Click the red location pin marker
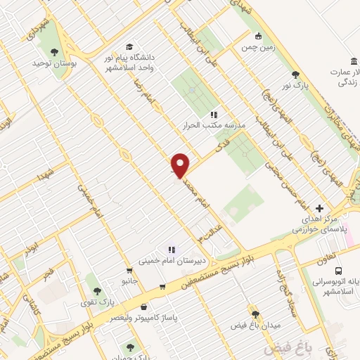[x=180, y=165]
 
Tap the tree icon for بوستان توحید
[x=54, y=51]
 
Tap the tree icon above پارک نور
[x=295, y=75]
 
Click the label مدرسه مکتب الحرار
[x=214, y=125]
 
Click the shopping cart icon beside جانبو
[x=128, y=270]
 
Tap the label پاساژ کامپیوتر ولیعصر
[x=144, y=317]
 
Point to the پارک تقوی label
[x=97, y=302]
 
